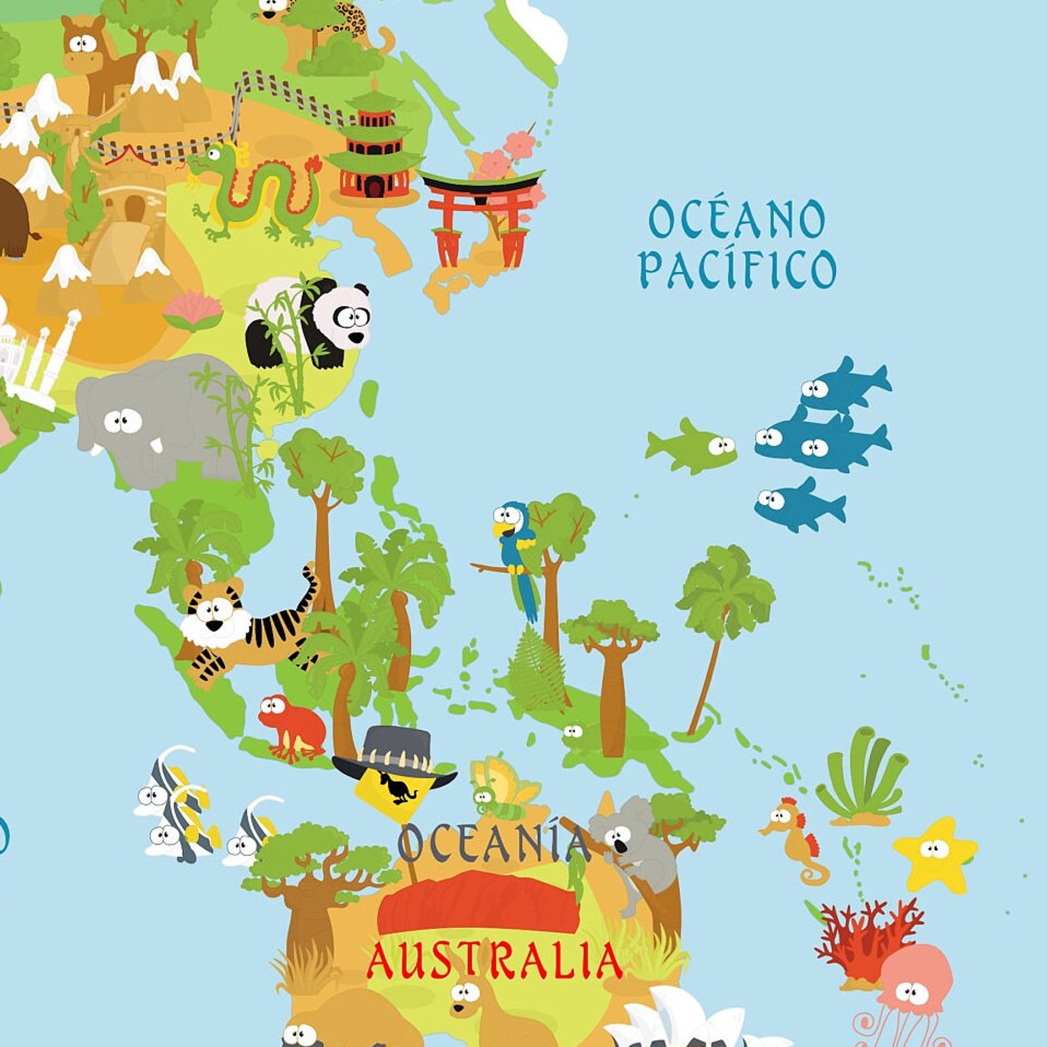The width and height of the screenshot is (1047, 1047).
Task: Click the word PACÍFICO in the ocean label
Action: point(737,268)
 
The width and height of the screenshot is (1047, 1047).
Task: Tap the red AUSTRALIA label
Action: point(494,961)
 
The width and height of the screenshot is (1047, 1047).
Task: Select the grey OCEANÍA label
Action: point(493,843)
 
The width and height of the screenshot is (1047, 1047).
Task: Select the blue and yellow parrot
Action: point(518,551)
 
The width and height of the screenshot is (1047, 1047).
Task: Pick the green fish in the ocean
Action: point(692,447)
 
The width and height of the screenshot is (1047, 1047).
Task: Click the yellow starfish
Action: point(935,854)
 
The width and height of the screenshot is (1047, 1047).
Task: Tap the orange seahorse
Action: point(794,837)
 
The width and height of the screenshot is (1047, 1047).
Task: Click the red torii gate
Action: point(481,211)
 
